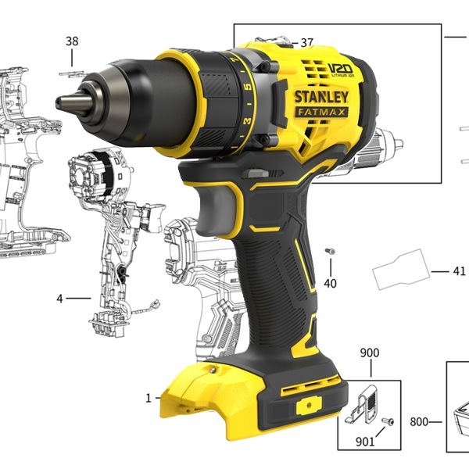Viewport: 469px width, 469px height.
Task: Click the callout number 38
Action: coord(72,41)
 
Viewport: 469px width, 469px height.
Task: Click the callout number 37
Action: coord(306,43)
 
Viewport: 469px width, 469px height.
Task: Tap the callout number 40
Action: coord(330,283)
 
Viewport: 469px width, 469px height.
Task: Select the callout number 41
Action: coord(459,271)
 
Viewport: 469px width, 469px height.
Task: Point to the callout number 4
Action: coord(60,299)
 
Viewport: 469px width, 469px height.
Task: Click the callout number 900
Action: coord(370,353)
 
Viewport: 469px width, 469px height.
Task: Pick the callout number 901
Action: coord(365,442)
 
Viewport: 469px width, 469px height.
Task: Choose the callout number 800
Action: coord(419,422)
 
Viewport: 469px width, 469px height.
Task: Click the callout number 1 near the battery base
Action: coord(149,399)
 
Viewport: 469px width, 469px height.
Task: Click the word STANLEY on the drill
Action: coord(321,97)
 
